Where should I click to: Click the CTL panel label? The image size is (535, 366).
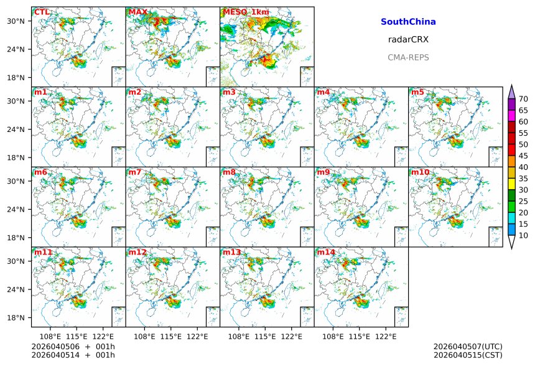click(42, 12)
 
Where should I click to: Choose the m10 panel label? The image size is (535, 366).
click(420, 172)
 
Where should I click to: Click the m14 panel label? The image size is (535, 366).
click(326, 252)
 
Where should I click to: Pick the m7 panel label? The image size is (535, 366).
click(136, 172)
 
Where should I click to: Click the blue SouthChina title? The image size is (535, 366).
click(408, 22)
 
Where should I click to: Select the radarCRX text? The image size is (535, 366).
click(408, 39)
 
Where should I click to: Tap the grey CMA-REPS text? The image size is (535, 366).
click(408, 57)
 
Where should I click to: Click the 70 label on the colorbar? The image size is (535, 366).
click(523, 99)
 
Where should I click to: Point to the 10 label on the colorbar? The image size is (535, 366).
click(523, 235)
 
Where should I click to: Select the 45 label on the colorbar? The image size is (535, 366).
click(523, 156)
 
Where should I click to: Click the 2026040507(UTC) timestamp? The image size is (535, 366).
click(468, 346)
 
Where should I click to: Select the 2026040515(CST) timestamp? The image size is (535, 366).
click(468, 355)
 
